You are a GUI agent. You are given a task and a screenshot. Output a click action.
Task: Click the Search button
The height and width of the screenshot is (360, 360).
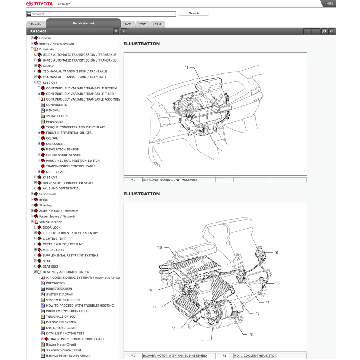(x=194, y=13)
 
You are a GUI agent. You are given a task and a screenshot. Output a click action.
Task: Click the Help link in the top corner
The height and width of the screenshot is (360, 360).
(x=329, y=4)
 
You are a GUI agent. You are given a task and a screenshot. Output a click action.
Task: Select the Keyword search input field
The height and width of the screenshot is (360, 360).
(x=103, y=14)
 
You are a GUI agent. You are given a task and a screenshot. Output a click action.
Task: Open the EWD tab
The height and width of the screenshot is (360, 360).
(x=142, y=24)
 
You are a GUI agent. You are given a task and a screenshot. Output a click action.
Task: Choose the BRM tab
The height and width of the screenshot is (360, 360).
(x=157, y=24)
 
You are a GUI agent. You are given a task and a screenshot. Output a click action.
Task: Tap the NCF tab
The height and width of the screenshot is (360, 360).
(x=127, y=24)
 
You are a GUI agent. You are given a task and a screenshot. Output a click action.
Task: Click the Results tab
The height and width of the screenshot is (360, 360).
(x=36, y=24)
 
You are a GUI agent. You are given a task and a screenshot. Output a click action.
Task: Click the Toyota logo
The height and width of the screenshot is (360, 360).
(x=40, y=4)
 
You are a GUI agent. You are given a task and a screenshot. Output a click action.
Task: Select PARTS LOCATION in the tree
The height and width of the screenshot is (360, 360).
(x=59, y=289)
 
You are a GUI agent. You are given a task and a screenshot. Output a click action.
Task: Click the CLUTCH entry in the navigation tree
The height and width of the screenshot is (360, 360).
(x=49, y=66)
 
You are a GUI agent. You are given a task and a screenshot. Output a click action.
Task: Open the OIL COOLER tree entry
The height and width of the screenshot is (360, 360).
(x=55, y=144)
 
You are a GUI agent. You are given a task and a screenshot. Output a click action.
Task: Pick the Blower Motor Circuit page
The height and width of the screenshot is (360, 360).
(x=61, y=345)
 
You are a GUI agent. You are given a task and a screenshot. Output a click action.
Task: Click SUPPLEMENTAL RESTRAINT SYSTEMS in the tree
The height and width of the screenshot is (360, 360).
(x=70, y=255)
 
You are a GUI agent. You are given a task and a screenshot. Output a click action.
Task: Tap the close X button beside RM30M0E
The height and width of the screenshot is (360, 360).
(x=116, y=31)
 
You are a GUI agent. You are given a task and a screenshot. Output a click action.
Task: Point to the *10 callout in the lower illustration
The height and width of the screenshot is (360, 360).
(x=159, y=247)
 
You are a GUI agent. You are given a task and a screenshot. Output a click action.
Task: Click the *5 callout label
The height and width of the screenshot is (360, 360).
(x=276, y=253)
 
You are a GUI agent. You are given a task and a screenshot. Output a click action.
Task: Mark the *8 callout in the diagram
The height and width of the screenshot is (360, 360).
(x=251, y=335)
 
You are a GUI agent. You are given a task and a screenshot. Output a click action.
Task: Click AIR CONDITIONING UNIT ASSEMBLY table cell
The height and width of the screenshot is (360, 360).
(x=170, y=180)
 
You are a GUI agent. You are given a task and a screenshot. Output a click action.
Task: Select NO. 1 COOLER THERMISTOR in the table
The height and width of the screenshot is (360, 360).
(x=255, y=356)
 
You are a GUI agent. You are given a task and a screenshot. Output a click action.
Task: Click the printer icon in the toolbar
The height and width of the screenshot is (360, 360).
(x=324, y=31)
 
